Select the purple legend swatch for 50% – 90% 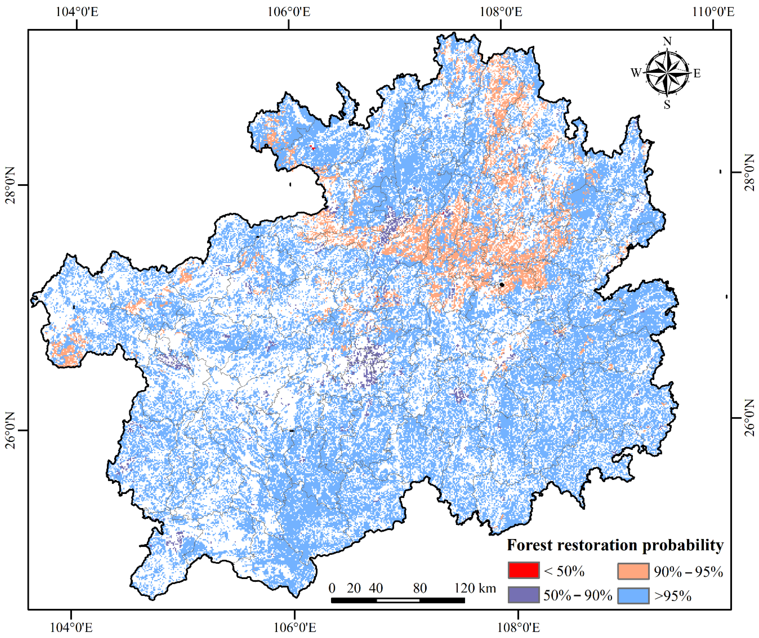[523, 595]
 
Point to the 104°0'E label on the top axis [77, 12]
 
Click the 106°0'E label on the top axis [289, 12]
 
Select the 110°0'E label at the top [713, 12]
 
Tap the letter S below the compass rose [667, 105]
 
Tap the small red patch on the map [312, 147]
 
